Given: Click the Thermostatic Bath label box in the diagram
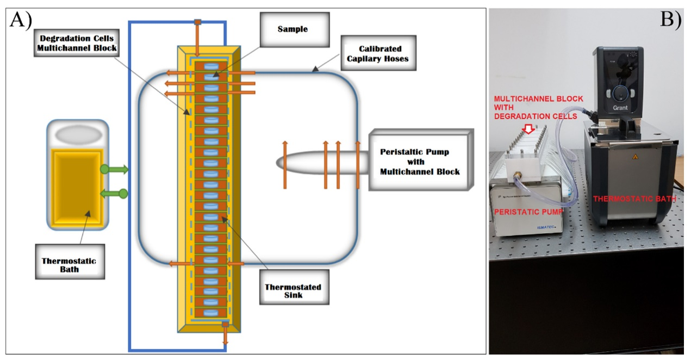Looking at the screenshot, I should coord(69,264).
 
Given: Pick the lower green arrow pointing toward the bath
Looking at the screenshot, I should coord(114,193).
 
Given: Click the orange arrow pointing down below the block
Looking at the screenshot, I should coord(225,338).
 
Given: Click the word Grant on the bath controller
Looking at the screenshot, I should coord(620,108).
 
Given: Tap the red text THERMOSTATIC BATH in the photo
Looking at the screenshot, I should coord(634,199).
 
